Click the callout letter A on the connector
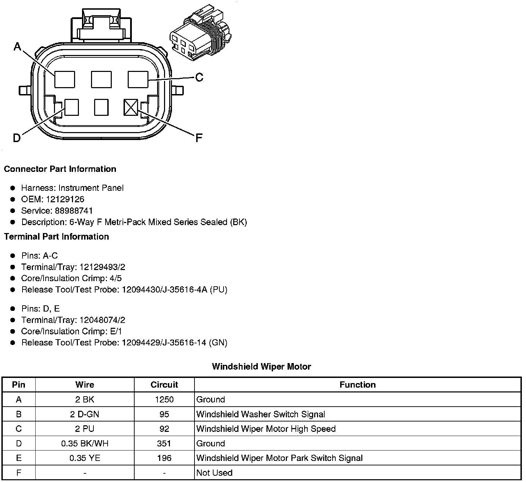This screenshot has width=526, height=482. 17,46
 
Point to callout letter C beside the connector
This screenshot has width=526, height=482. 199,77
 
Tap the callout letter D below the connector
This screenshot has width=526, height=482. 16,138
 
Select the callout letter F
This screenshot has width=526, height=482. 198,138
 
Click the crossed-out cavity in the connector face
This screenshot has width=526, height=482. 131,108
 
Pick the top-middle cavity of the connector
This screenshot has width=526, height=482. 101,80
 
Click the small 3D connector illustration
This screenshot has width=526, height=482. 200,33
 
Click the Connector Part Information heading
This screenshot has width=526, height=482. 60,169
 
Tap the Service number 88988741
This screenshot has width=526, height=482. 74,211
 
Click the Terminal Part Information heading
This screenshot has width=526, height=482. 56,237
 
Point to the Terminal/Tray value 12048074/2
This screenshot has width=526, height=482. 102,320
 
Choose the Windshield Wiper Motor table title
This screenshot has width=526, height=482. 261,367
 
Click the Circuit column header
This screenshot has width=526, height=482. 164,384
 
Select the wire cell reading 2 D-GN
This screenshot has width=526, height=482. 85,414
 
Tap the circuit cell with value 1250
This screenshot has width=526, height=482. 164,399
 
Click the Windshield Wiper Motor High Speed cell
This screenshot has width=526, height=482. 266,429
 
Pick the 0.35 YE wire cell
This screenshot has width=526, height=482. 85,458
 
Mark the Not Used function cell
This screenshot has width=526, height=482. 214,473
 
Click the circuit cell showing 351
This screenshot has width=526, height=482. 164,444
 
